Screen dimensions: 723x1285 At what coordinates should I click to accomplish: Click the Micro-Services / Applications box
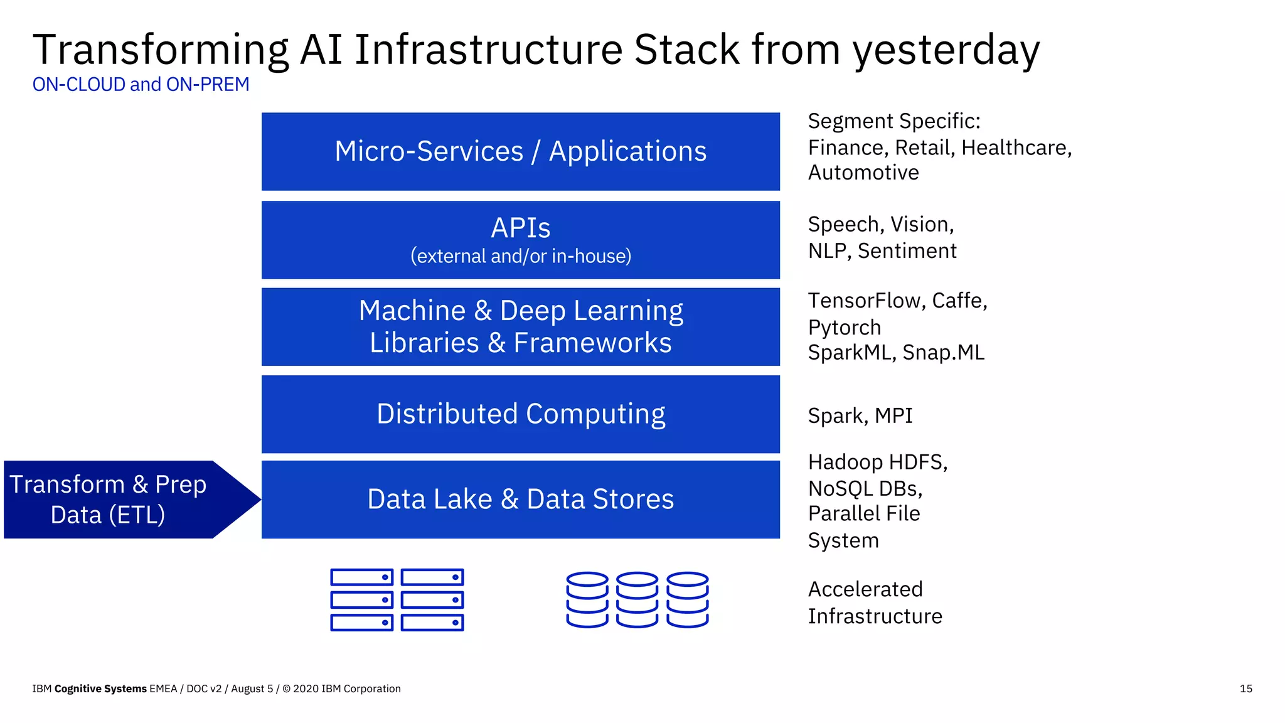520,151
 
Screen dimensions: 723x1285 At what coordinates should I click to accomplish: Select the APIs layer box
520,240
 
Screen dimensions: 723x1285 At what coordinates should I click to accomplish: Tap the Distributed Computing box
520,414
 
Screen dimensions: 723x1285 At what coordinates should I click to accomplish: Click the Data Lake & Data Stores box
520,499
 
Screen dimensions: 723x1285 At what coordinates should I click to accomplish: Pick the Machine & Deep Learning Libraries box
520,326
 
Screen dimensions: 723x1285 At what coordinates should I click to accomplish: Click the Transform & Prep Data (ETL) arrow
119,500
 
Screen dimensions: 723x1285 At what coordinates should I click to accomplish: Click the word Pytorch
844,328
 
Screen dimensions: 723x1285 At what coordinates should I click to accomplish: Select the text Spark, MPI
860,415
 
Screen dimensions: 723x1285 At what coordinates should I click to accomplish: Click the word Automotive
863,173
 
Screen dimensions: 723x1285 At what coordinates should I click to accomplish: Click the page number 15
1245,688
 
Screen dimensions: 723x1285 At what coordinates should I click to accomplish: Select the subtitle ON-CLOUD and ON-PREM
141,84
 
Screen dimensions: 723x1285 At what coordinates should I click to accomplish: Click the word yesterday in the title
946,50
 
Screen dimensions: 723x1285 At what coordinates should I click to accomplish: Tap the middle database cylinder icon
637,599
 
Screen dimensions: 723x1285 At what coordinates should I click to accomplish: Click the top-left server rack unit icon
361,577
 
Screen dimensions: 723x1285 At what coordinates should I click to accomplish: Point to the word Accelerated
865,589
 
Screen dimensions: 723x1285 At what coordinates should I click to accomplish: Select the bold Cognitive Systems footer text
100,688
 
